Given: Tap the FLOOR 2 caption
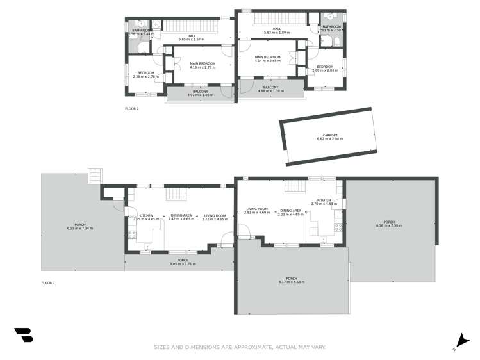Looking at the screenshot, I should tap(131, 109).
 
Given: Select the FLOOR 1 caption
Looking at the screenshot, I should tap(48, 282).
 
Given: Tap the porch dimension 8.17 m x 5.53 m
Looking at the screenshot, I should tap(292, 282).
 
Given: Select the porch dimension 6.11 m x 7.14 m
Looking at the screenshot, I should tap(80, 228).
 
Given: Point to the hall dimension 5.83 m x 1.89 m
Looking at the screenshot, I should tap(277, 33).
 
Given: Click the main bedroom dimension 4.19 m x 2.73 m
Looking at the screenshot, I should tap(202, 67).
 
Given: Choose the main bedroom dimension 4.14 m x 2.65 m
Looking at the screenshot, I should tap(267, 61).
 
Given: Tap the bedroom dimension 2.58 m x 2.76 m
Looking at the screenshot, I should tap(145, 76).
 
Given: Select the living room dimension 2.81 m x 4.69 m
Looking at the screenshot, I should tap(257, 213).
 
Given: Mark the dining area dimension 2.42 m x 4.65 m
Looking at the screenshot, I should tap(182, 219).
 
